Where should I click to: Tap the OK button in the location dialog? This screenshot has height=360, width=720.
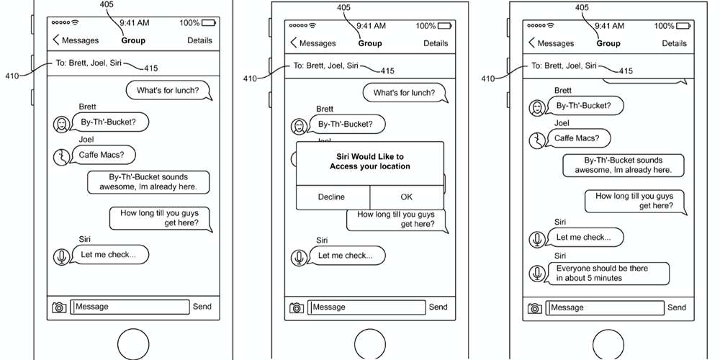pyautogui.click(x=407, y=197)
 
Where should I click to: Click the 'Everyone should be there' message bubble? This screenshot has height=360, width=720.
pyautogui.click(x=608, y=273)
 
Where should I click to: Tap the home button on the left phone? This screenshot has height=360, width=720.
pyautogui.click(x=133, y=343)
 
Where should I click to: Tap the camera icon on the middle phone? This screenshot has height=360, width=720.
pyautogui.click(x=297, y=307)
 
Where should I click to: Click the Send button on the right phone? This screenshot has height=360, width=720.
pyautogui.click(x=676, y=307)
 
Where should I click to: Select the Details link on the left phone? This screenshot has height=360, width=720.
pyautogui.click(x=199, y=40)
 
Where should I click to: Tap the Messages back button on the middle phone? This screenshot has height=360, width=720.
pyautogui.click(x=313, y=43)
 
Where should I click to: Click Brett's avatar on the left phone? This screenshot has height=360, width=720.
pyautogui.click(x=61, y=124)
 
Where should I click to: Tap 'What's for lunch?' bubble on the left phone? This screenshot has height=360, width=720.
pyautogui.click(x=168, y=91)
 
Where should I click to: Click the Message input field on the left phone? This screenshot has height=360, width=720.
pyautogui.click(x=130, y=307)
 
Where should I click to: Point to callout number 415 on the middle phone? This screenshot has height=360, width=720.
pyautogui.click(x=387, y=71)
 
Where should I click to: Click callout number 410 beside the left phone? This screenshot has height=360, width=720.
pyautogui.click(x=12, y=76)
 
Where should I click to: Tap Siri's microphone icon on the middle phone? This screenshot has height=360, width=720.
pyautogui.click(x=299, y=257)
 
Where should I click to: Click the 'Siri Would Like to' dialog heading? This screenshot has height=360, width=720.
pyautogui.click(x=370, y=156)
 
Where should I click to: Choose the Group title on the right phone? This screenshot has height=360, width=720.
pyautogui.click(x=608, y=43)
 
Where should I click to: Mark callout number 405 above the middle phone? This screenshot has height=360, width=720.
pyautogui.click(x=344, y=7)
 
